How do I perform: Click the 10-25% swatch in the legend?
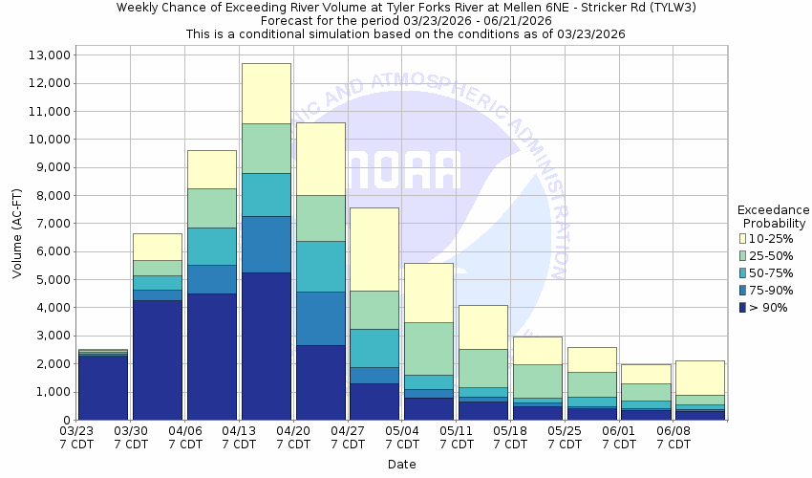(x=742, y=238)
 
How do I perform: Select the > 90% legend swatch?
(x=742, y=307)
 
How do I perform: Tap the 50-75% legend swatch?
(x=742, y=272)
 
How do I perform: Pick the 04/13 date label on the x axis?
(x=239, y=437)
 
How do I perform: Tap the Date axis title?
(x=401, y=465)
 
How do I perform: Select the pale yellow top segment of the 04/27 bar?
(x=374, y=249)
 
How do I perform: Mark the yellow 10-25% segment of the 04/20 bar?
(x=320, y=159)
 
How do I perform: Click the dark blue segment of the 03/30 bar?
(x=157, y=359)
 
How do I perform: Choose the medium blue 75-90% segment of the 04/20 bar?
(x=320, y=318)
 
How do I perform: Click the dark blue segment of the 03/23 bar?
(x=102, y=387)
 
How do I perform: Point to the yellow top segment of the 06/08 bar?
(x=701, y=378)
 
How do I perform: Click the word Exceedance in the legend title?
(x=773, y=209)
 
